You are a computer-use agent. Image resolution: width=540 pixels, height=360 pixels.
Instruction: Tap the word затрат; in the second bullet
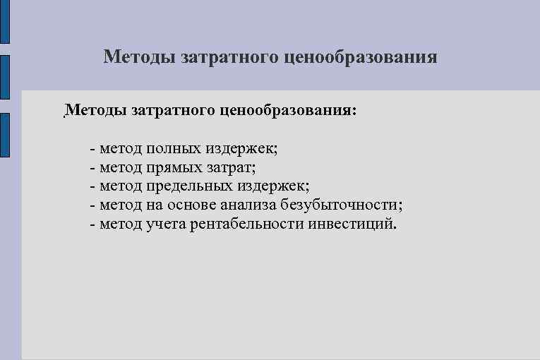click(x=232, y=168)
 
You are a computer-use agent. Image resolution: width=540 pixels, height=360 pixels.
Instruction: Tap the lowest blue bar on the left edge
click(x=4, y=134)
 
